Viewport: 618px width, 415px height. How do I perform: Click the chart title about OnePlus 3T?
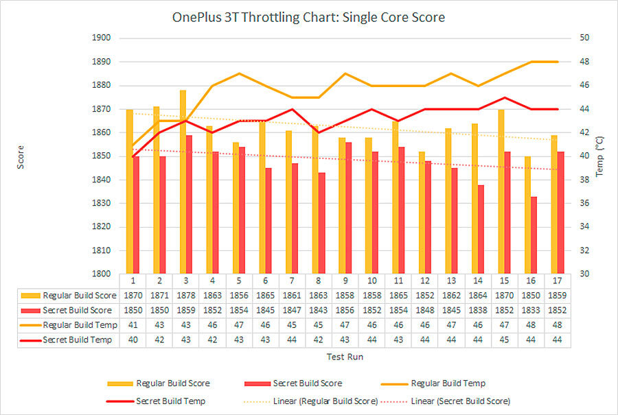[x=308, y=17]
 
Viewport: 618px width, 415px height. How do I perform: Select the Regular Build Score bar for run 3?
[x=183, y=182]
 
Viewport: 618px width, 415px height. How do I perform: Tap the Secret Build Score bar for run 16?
[x=534, y=235]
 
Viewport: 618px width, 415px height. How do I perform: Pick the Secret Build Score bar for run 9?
[x=348, y=208]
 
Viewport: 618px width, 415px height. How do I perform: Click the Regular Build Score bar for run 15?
[x=501, y=191]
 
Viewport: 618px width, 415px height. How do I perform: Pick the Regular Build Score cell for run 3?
[x=187, y=295]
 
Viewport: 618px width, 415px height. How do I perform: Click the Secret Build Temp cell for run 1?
[x=133, y=340]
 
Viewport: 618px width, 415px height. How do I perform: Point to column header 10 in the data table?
[x=371, y=281]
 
